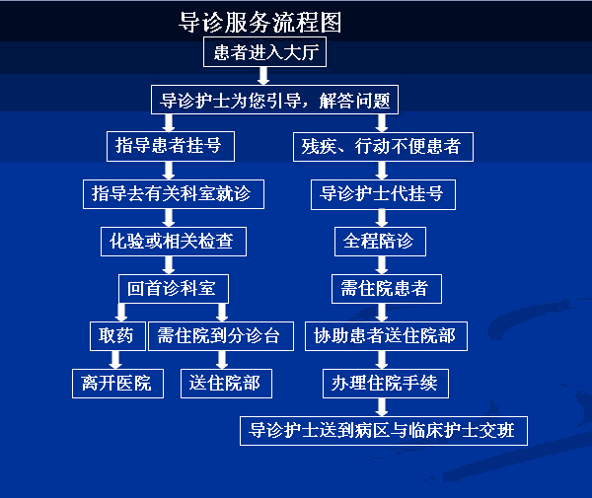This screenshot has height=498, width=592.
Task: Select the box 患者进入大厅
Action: pyautogui.click(x=263, y=52)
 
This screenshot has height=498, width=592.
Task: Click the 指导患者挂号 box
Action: pyautogui.click(x=170, y=147)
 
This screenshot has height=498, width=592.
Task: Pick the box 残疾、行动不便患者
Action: pyautogui.click(x=382, y=147)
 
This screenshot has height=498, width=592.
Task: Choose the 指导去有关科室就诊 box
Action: pyautogui.click(x=173, y=193)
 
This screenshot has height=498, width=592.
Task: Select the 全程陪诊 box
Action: pyautogui.click(x=381, y=240)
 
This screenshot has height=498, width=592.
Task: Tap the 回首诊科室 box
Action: pyautogui.click(x=172, y=287)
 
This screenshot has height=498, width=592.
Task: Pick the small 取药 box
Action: pyautogui.click(x=116, y=335)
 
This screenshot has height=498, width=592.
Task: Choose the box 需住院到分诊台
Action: pyautogui.click(x=220, y=335)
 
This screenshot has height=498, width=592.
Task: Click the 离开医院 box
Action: pyautogui.click(x=116, y=383)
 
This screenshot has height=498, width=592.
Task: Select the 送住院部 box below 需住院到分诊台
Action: pyautogui.click(x=226, y=383)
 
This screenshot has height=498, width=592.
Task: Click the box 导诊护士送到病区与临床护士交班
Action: pyautogui.click(x=384, y=430)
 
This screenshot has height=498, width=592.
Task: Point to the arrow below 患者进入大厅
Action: pyautogui.click(x=263, y=76)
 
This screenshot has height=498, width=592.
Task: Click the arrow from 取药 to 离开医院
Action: pyautogui.click(x=116, y=359)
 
